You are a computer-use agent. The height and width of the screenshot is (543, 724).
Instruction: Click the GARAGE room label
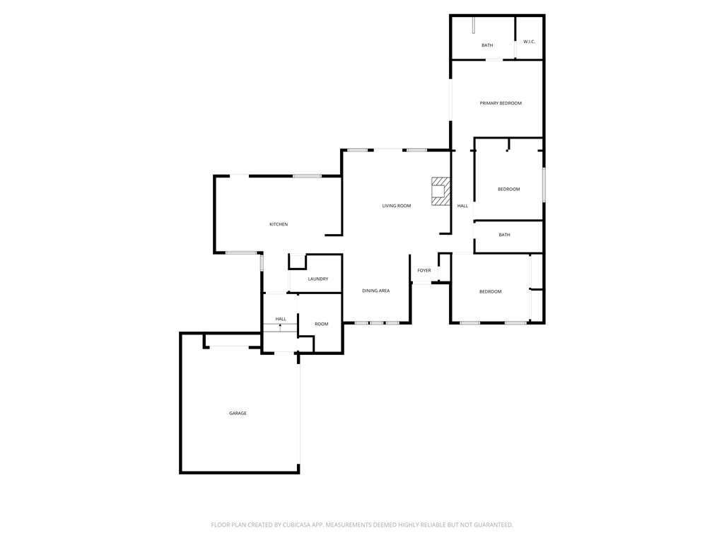pyautogui.click(x=238, y=413)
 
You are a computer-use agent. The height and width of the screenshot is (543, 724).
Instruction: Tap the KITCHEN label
pyautogui.click(x=279, y=224)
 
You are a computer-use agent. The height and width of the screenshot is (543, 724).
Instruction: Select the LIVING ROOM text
pyautogui.click(x=397, y=206)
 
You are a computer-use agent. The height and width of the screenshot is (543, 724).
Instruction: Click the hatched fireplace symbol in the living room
pyautogui.click(x=440, y=191)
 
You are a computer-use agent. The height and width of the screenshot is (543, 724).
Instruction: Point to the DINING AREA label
pyautogui.click(x=376, y=291)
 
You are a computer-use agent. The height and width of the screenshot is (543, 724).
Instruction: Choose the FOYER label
pyautogui.click(x=424, y=270)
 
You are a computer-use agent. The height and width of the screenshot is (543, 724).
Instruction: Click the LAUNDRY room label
pyautogui.click(x=318, y=279)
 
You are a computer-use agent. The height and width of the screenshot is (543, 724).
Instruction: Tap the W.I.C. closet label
pyautogui.click(x=530, y=42)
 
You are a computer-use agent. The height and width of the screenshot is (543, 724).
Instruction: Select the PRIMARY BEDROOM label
pyautogui.click(x=501, y=103)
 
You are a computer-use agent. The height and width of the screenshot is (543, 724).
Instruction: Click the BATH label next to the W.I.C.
pyautogui.click(x=487, y=45)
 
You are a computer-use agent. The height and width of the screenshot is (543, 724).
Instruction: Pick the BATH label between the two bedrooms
pyautogui.click(x=504, y=235)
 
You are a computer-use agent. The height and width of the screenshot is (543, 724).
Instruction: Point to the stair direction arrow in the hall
pyautogui.click(x=280, y=327)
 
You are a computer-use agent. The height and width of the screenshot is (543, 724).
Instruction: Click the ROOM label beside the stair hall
pyautogui.click(x=322, y=324)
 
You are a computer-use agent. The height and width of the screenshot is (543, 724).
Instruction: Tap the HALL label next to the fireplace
pyautogui.click(x=462, y=206)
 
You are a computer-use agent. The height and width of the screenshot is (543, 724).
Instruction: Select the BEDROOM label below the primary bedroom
pyautogui.click(x=509, y=189)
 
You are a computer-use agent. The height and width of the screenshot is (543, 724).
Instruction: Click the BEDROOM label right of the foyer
pyautogui.click(x=491, y=291)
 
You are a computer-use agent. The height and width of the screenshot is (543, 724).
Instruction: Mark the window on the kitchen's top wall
pyautogui.click(x=308, y=175)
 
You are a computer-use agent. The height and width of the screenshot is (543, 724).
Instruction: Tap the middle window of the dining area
pyautogui.click(x=377, y=323)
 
